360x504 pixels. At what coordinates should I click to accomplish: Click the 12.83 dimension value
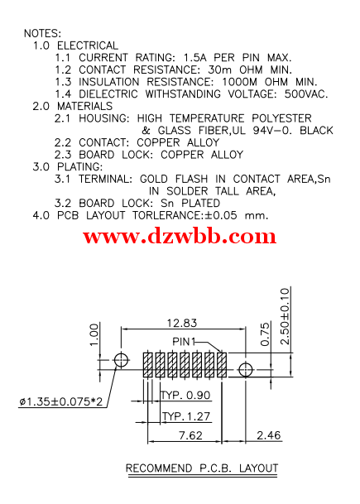coord(182,323)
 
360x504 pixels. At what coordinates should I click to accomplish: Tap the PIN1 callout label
coord(184,341)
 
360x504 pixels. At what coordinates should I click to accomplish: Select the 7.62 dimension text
coord(190,435)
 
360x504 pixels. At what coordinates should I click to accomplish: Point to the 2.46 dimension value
coord(269,435)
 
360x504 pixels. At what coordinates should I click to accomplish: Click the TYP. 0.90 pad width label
coord(185,395)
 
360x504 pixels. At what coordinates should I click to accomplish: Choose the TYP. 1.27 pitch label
coord(186,416)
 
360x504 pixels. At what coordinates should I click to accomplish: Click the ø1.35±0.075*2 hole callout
coord(60,401)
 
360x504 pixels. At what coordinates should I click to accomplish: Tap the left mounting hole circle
coord(121,360)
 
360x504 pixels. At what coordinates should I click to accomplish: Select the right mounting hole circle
coord(246,370)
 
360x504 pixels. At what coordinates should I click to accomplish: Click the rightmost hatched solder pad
coord(222,365)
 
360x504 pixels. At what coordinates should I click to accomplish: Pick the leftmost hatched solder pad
coord(147,365)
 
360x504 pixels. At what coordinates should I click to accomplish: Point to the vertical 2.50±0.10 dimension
coord(285,317)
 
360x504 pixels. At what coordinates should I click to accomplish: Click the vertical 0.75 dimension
coord(265,334)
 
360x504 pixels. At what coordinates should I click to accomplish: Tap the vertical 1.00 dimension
coord(94,334)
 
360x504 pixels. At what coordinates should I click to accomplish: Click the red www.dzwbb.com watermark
coord(180,236)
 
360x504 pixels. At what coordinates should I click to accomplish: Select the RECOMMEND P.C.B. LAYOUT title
coord(202,468)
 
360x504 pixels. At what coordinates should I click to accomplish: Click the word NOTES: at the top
coord(42,33)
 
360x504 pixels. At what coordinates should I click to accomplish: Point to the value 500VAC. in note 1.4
coord(306,94)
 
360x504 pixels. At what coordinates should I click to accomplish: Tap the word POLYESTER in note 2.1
coord(281,118)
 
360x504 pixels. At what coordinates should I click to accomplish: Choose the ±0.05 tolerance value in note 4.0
coord(221,215)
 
